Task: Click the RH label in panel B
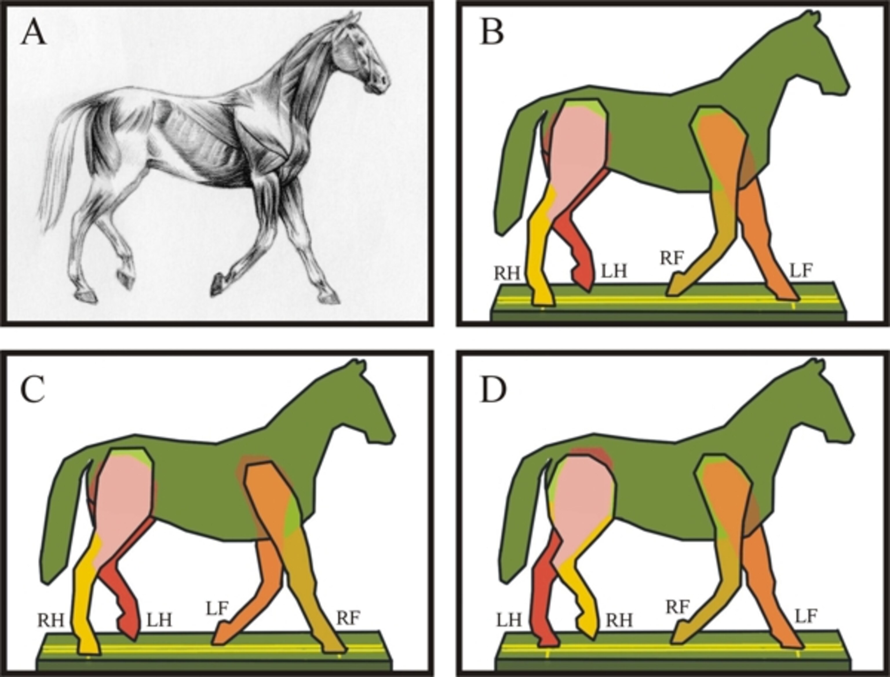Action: point(507,273)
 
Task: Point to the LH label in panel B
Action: point(614,271)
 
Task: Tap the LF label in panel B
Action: point(800,271)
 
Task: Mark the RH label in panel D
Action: point(619,620)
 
